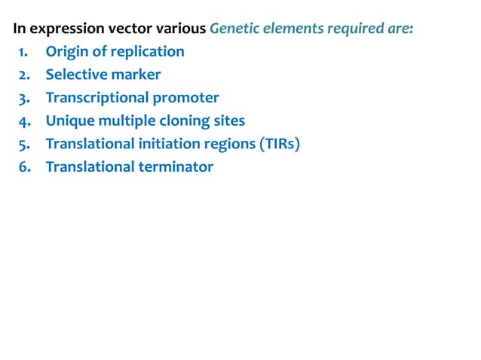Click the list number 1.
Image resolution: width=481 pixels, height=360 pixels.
(x=23, y=52)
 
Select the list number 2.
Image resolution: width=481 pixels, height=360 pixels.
(x=23, y=75)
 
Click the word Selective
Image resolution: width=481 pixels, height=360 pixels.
(x=76, y=75)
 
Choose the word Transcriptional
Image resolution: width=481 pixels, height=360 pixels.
(x=96, y=98)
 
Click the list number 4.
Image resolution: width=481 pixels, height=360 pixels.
(x=23, y=121)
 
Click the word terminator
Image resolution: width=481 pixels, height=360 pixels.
(x=176, y=166)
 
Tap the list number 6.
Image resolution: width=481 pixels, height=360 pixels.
(x=23, y=166)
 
